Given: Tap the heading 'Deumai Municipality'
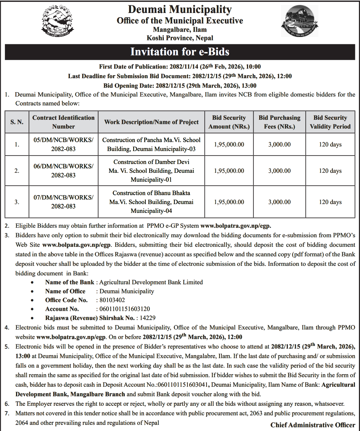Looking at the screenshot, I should (180, 9).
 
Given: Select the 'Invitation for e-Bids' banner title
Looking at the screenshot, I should (180, 51).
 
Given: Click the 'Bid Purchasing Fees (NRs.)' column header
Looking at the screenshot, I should (279, 122).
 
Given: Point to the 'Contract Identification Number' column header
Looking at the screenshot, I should (63, 122).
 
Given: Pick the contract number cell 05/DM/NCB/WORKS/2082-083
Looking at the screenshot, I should (63, 145).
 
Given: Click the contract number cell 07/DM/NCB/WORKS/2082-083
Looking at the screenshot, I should (63, 202).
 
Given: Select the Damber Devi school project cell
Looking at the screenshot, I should (151, 171).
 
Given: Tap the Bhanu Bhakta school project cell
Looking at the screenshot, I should (151, 202).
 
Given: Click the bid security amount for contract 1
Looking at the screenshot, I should (229, 145).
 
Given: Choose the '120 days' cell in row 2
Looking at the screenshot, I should (330, 171).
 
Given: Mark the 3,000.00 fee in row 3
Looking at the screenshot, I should (279, 202).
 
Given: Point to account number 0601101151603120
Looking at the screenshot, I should (124, 309).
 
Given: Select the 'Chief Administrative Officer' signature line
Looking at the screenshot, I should (313, 425).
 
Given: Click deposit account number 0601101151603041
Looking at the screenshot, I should (179, 385).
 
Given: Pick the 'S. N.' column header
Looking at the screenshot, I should (17, 122).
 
